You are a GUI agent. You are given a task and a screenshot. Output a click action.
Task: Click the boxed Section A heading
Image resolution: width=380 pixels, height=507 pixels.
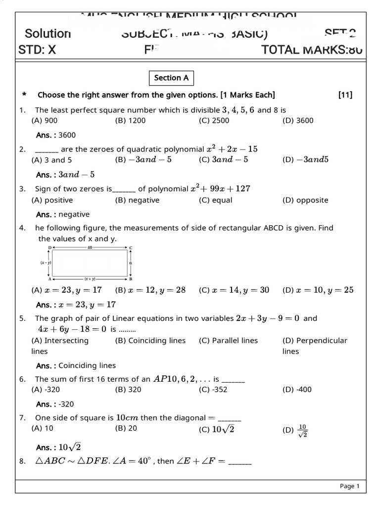point(171,78)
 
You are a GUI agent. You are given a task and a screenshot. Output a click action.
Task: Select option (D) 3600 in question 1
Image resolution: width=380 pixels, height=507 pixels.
point(298,120)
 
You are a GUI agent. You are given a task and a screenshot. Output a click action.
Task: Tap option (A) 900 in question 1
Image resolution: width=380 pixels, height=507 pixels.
point(45,120)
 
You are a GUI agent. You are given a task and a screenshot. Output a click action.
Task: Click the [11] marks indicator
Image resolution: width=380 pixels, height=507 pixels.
point(345,95)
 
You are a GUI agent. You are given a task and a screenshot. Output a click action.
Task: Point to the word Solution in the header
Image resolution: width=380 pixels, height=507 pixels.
point(47,34)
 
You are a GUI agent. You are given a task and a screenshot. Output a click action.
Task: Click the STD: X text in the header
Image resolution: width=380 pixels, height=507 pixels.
point(37,50)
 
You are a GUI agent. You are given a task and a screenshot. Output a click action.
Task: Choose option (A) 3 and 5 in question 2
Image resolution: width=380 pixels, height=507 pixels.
point(51,160)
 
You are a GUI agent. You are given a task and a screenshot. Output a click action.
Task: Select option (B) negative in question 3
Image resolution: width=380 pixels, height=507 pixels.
point(137,200)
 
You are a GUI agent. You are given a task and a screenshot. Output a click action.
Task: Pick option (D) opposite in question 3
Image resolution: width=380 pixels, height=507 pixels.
point(305,200)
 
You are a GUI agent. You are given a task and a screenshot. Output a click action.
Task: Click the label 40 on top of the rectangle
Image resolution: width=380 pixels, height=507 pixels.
point(90,247)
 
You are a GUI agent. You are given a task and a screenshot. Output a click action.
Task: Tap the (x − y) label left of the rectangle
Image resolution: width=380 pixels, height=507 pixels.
point(46,263)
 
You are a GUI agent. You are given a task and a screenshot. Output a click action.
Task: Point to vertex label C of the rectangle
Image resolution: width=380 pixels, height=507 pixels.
point(131,247)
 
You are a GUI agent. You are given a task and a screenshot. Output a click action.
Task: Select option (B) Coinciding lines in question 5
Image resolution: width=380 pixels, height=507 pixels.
point(150,341)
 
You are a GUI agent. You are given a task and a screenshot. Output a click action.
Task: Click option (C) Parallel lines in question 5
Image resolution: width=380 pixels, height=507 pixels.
point(228,341)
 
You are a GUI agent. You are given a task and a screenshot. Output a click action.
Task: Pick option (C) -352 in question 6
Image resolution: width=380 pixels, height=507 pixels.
point(213,390)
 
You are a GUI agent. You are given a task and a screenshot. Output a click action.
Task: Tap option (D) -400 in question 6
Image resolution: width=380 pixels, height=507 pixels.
point(297,390)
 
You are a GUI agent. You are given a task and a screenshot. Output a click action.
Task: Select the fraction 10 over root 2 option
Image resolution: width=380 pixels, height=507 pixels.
point(303,430)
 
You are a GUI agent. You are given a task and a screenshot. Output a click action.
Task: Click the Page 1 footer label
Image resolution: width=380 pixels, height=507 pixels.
point(349,486)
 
